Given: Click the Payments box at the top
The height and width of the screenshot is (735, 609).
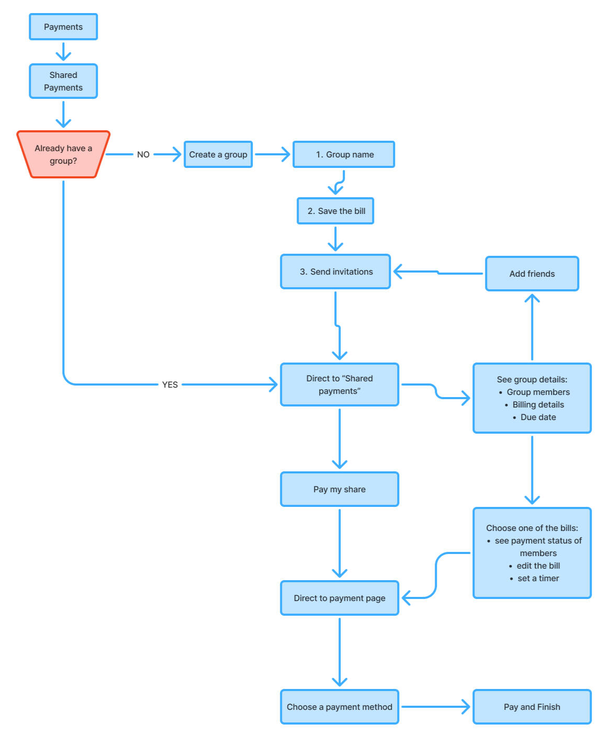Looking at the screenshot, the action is (x=63, y=27).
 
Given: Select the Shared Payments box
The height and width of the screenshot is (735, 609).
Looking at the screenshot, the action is (x=63, y=81).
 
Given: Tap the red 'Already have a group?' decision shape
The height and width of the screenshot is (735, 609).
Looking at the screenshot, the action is (x=63, y=154).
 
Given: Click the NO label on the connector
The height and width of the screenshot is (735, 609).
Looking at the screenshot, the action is (x=143, y=154).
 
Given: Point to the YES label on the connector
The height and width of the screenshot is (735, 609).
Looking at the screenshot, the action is (x=170, y=385).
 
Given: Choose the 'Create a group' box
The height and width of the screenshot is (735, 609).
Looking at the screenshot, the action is (x=218, y=154).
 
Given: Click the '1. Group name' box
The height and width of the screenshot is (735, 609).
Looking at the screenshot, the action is (x=344, y=154).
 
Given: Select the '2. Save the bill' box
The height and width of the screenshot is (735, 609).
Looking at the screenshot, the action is (x=335, y=211).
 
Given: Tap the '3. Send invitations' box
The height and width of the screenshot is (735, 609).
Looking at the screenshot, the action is (x=335, y=272).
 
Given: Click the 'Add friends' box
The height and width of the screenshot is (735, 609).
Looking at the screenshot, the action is (x=532, y=274).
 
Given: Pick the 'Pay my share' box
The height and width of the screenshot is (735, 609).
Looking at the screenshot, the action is (x=340, y=489).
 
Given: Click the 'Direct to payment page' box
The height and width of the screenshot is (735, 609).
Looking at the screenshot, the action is (x=340, y=598).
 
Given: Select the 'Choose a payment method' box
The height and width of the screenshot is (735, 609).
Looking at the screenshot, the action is (x=340, y=706).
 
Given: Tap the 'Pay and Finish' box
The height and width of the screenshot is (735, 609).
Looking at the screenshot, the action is (x=532, y=706).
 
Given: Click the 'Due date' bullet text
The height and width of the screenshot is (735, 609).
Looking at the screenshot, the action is (x=538, y=417).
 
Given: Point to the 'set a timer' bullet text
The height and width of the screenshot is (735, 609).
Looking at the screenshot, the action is (x=538, y=579).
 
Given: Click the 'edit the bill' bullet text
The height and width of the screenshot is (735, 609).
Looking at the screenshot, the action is (x=538, y=566).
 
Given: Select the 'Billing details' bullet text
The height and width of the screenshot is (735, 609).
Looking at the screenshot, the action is (x=538, y=404).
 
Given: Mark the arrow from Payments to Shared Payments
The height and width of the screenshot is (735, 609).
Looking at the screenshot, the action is (x=63, y=52).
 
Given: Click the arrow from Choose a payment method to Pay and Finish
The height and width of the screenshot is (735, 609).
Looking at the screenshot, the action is (x=436, y=706).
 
